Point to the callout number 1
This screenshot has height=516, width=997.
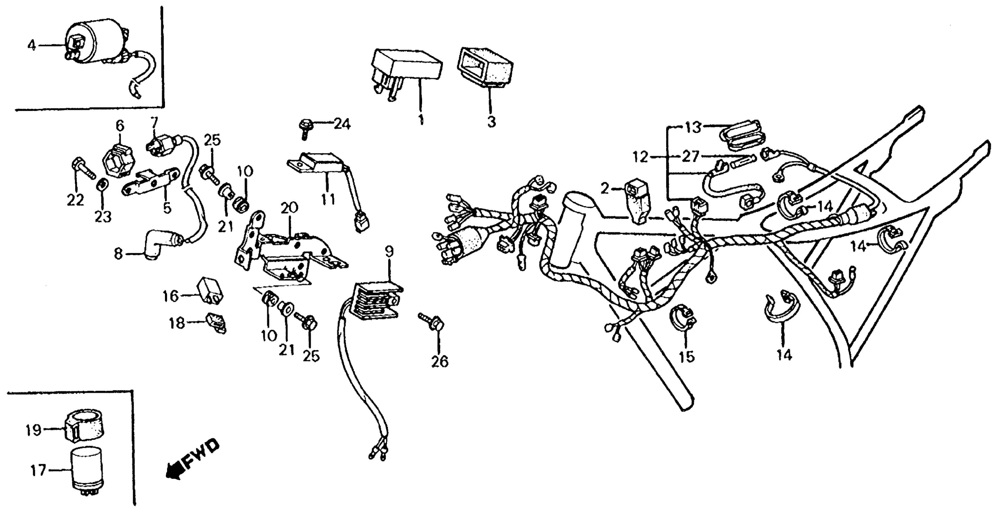coord(421,119)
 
